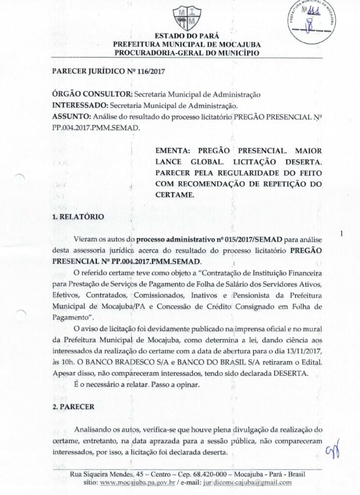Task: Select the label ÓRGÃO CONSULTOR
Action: point(92,94)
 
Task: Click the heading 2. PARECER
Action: point(73,408)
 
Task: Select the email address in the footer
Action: point(251,482)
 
